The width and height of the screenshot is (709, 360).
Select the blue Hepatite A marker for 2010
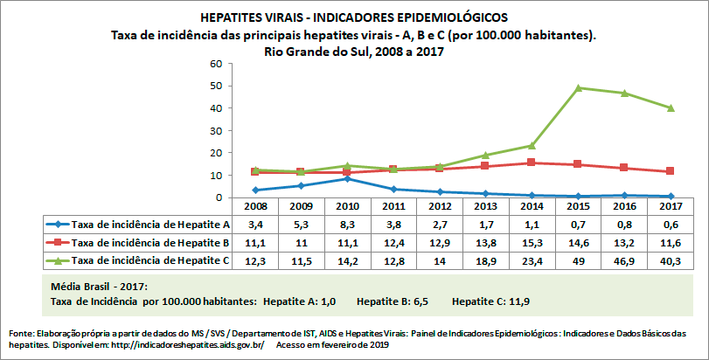[x=348, y=178]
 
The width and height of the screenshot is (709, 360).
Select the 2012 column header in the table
[x=441, y=206]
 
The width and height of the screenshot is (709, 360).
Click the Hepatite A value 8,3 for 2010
[x=348, y=224]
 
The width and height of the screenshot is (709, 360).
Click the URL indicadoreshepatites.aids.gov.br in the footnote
[x=182, y=345]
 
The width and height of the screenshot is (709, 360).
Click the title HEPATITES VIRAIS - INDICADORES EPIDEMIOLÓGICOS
[x=353, y=17]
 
